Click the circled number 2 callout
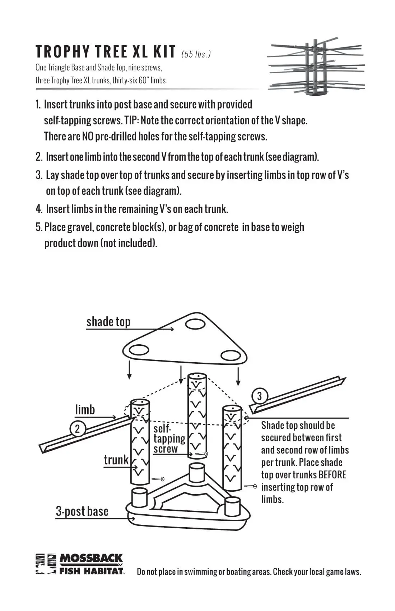[x=77, y=429]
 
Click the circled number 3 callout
[x=259, y=396]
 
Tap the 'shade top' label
[x=108, y=322]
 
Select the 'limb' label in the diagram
[x=85, y=410]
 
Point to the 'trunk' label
[x=116, y=460]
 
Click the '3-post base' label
[x=82, y=511]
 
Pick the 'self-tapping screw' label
[x=169, y=439]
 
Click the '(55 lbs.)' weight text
[x=196, y=54]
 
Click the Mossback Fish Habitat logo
[x=80, y=564]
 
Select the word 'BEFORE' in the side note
[x=332, y=475]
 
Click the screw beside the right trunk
[x=250, y=487]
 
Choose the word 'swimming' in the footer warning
[x=201, y=572]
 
